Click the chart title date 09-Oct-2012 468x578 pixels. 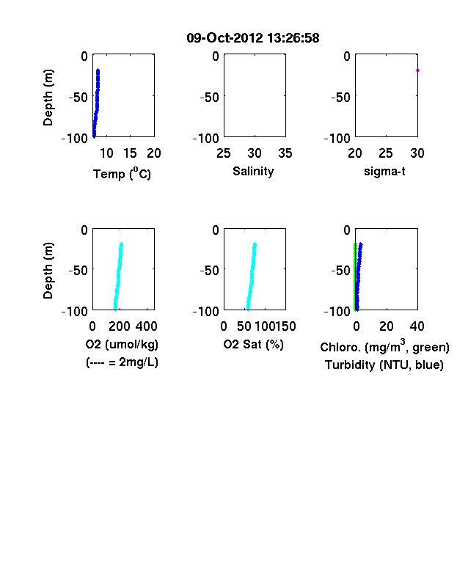click(224, 38)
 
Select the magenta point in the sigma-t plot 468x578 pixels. click(417, 70)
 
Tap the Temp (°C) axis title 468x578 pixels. click(122, 173)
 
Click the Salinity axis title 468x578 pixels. click(253, 172)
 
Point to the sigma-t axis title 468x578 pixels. click(384, 172)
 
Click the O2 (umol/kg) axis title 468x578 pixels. click(122, 344)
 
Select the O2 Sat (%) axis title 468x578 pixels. click(254, 344)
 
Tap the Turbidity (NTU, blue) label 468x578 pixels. click(384, 365)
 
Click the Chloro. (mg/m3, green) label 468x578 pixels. click(384, 346)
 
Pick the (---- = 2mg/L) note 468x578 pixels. click(122, 362)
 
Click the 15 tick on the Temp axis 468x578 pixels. click(130, 153)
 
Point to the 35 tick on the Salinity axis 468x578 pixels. click(285, 153)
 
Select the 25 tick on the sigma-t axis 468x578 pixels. click(386, 153)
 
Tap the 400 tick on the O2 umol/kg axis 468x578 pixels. click(146, 326)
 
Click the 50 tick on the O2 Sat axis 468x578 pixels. click(244, 326)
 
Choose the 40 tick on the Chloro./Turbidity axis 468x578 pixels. click(417, 326)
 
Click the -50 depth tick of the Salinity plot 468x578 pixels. click(209, 98)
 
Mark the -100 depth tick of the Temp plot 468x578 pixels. click(74, 138)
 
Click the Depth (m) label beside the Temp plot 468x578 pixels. click(48, 98)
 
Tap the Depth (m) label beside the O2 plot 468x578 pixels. click(48, 271)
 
